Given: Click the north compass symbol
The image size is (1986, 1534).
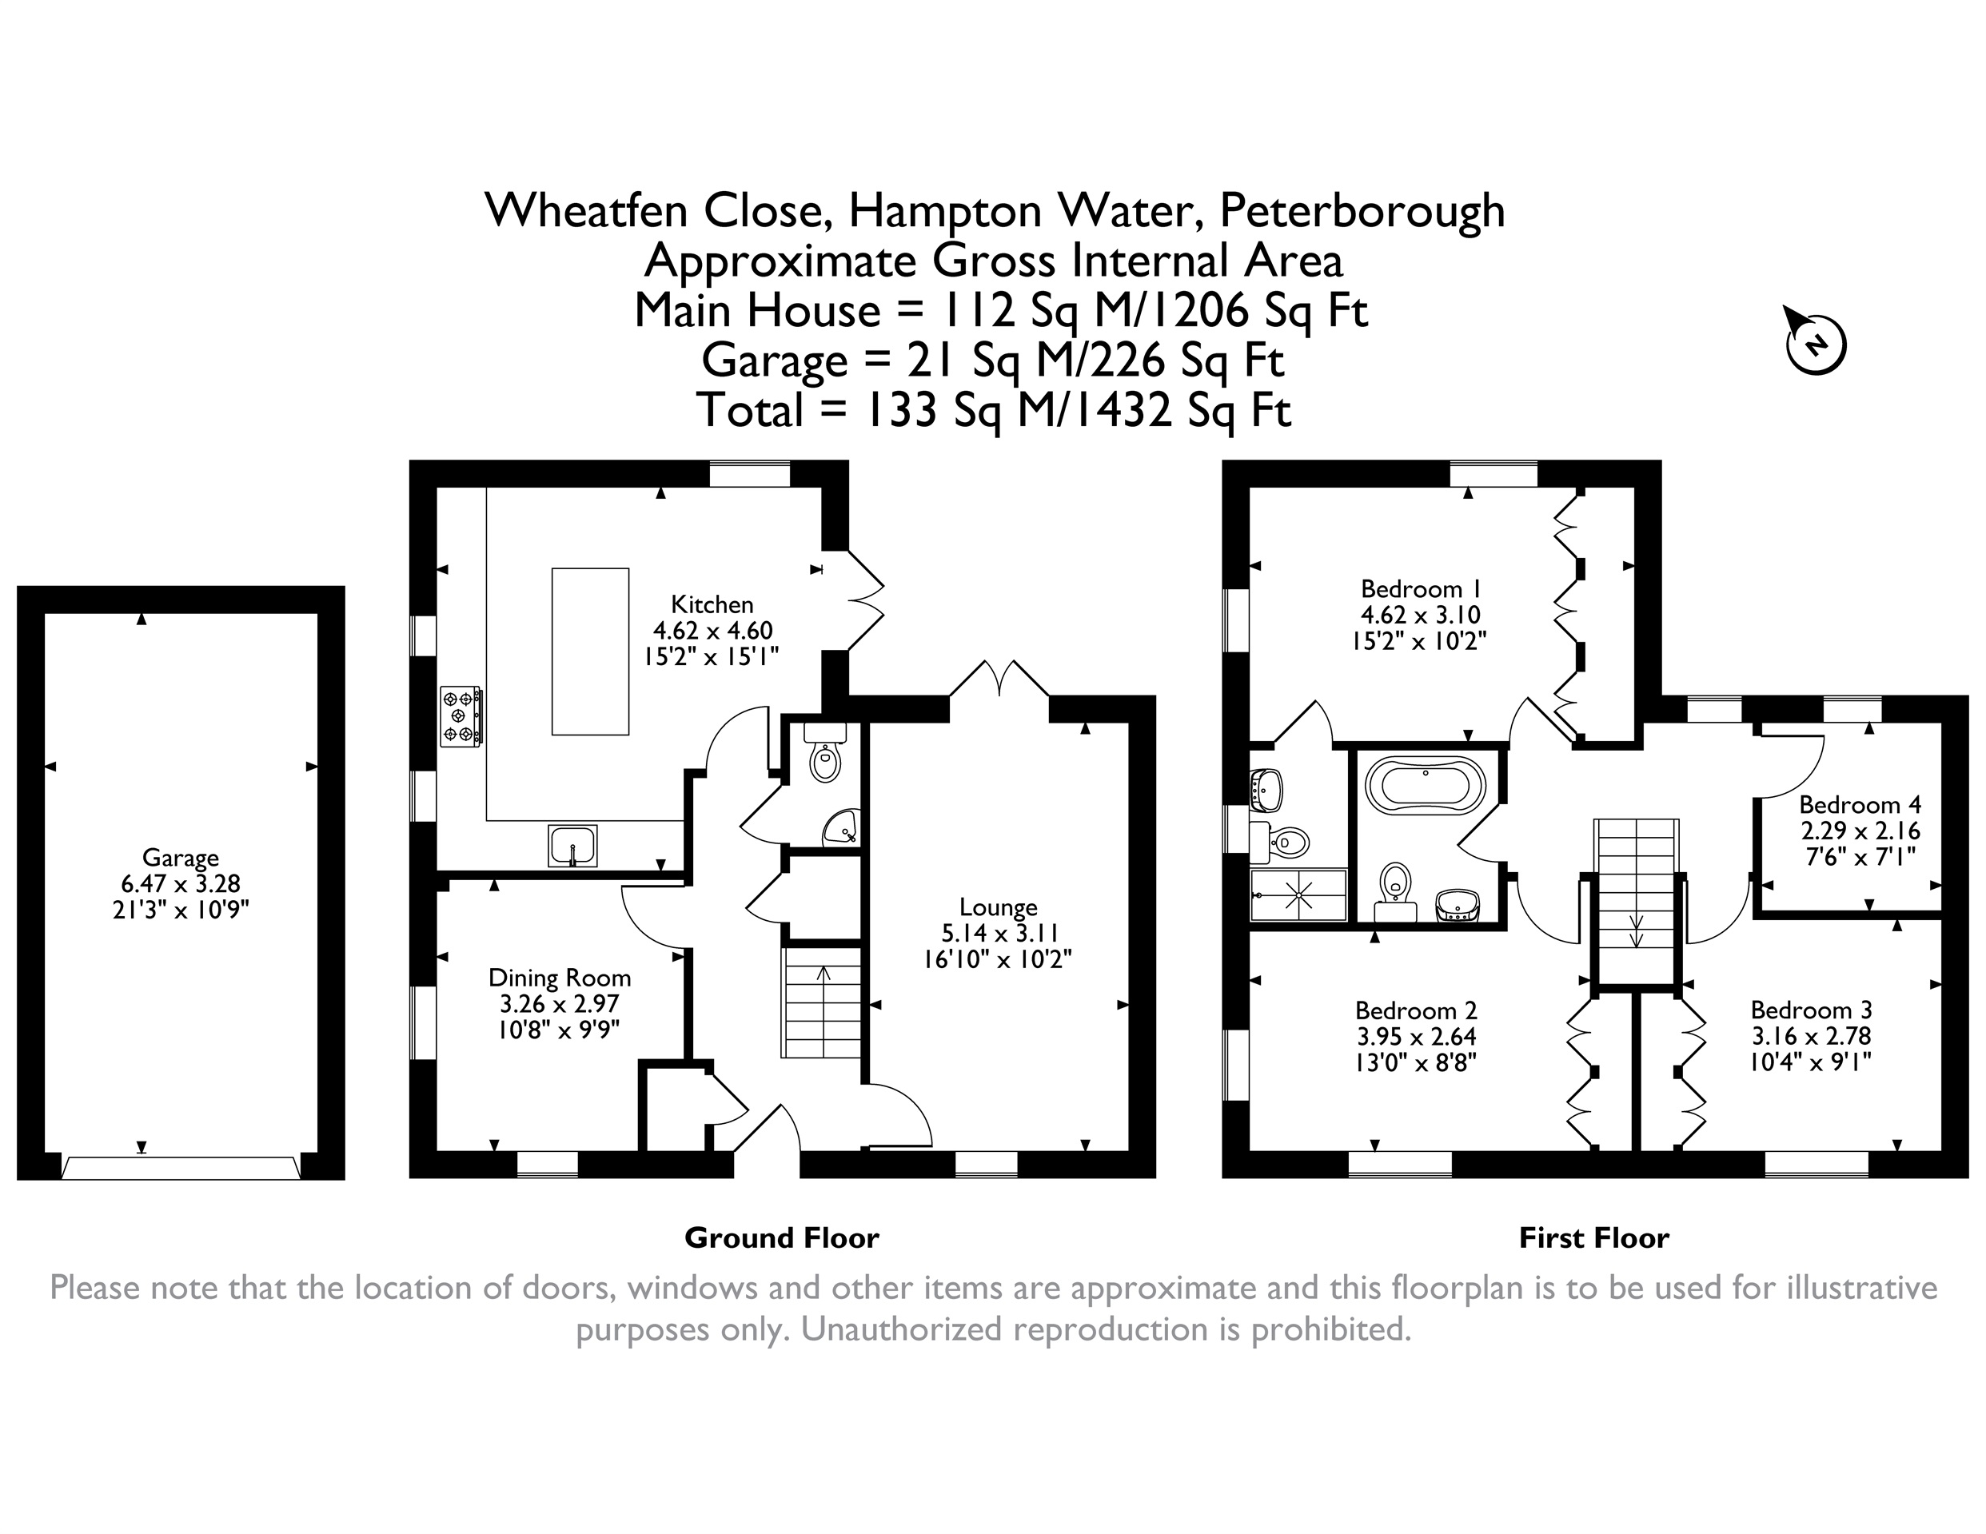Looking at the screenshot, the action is tap(1815, 344).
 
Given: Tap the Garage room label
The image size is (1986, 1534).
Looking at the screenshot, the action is tap(180, 858).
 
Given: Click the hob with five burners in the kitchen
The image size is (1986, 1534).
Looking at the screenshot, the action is tap(461, 716).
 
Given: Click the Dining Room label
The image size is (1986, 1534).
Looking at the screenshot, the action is tap(559, 978).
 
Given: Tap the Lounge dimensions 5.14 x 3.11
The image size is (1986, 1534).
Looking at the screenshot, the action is tap(999, 933).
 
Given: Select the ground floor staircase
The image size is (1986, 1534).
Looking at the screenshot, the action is tap(821, 1002).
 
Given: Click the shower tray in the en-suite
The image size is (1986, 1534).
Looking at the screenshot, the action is tap(1298, 895).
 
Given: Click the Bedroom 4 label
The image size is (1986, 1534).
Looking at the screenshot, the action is tap(1860, 805).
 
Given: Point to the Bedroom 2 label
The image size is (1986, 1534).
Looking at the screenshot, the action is tap(1416, 1010).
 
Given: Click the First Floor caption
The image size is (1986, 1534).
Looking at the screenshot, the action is tap(1594, 1237).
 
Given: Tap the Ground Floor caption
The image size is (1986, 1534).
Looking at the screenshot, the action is tap(781, 1237).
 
